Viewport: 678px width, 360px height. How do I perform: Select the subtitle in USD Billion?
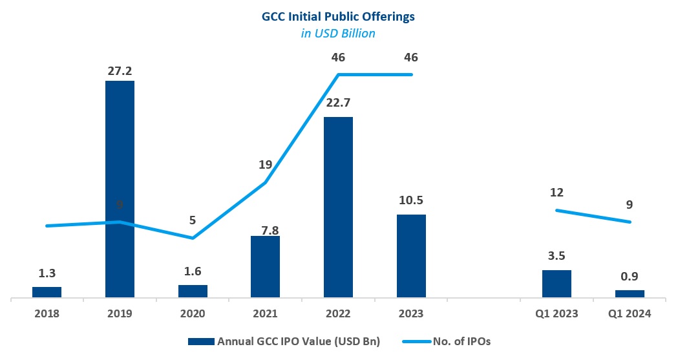pos(338,33)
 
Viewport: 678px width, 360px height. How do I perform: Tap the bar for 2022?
pos(338,207)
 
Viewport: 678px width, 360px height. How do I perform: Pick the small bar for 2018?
pos(47,292)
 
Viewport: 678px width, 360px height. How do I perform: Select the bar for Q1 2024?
pos(630,294)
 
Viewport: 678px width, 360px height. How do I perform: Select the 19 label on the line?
pos(265,165)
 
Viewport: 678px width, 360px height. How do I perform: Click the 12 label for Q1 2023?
pos(556,192)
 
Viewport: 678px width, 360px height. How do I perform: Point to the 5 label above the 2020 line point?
pos(193,220)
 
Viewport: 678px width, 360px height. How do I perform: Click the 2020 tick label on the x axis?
pos(193,314)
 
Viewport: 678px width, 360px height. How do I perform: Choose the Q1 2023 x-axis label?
pos(556,314)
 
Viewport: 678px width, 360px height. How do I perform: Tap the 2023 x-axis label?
pos(411,314)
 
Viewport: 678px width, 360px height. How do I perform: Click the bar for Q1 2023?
pos(556,284)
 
